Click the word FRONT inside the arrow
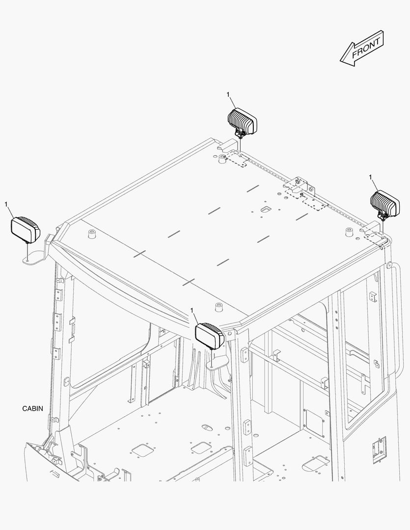(x=366, y=48)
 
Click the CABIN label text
(x=33, y=409)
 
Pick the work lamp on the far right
(x=385, y=205)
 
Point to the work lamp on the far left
(x=26, y=229)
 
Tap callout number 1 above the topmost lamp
(x=228, y=95)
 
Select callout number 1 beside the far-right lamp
(x=370, y=177)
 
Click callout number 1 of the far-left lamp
(x=6, y=204)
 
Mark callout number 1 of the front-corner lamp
(x=192, y=310)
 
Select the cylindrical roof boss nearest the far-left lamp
(x=91, y=234)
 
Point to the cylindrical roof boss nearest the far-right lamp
(x=349, y=232)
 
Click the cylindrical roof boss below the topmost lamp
(x=222, y=159)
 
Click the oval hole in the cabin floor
(x=207, y=427)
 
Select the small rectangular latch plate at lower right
(x=379, y=450)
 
